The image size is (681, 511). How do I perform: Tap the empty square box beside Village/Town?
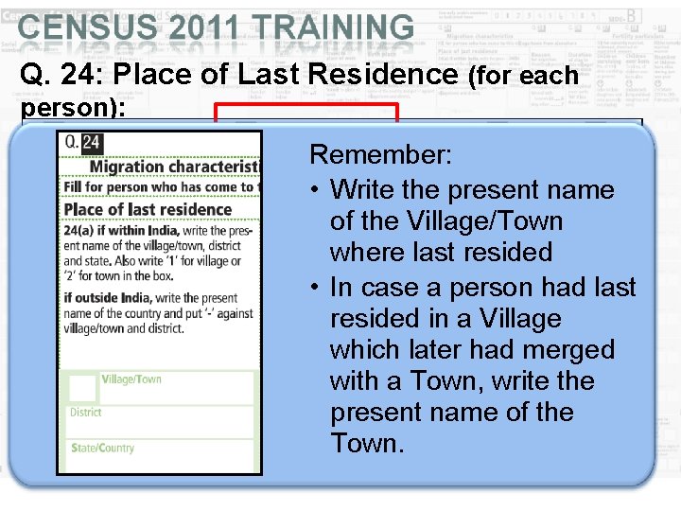pyautogui.click(x=83, y=388)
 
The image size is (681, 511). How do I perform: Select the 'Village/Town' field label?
pyautogui.click(x=131, y=380)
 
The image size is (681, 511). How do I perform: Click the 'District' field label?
pyautogui.click(x=85, y=413)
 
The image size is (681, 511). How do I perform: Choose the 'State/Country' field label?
pyautogui.click(x=102, y=448)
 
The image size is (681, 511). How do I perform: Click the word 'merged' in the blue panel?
pyautogui.click(x=567, y=350)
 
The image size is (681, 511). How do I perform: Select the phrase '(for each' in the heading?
pyautogui.click(x=523, y=76)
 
